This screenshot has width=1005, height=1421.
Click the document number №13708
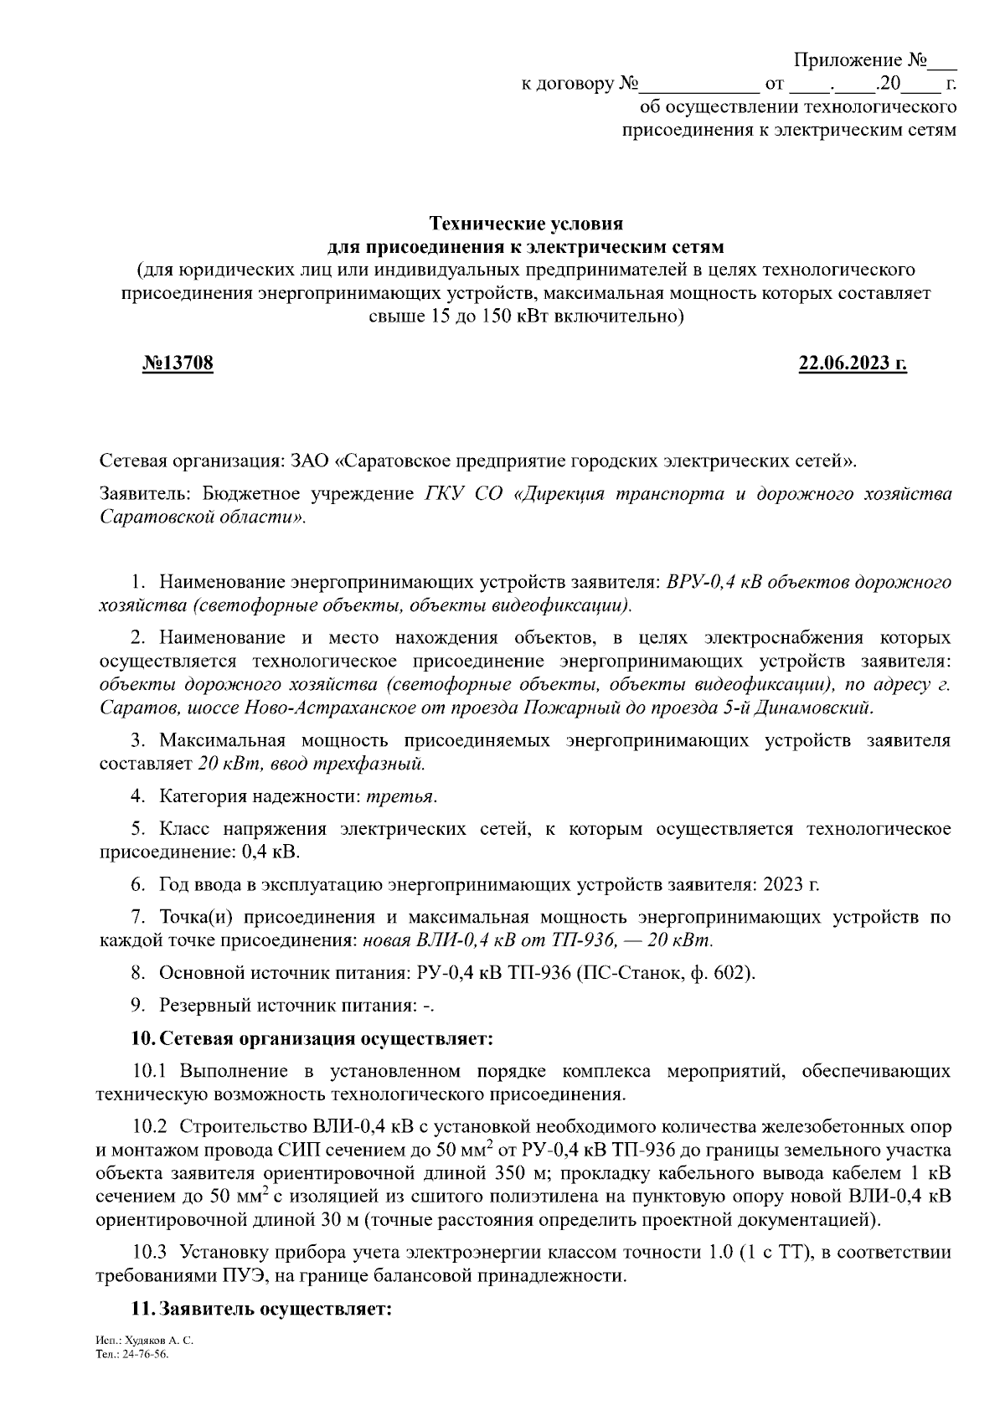[178, 363]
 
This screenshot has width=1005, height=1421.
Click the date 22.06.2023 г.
[853, 363]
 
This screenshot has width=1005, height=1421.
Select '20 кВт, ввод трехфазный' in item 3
[312, 764]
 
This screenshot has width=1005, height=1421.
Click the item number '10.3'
[150, 1252]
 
